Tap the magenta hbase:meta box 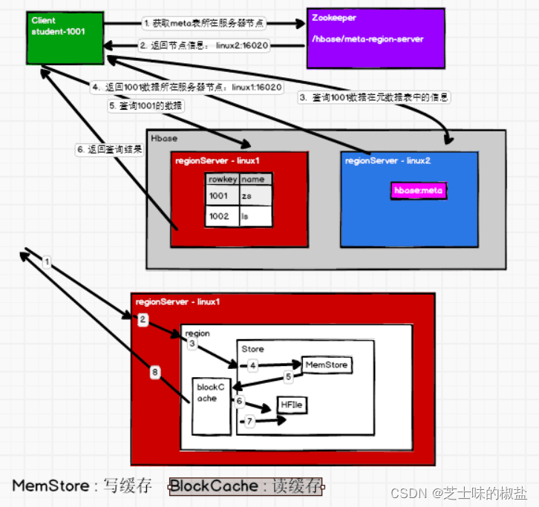(420, 191)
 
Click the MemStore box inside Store (326, 365)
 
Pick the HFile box (293, 405)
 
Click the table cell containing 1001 (221, 195)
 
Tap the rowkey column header (221, 179)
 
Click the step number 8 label (154, 373)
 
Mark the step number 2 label (142, 319)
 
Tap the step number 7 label (250, 422)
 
